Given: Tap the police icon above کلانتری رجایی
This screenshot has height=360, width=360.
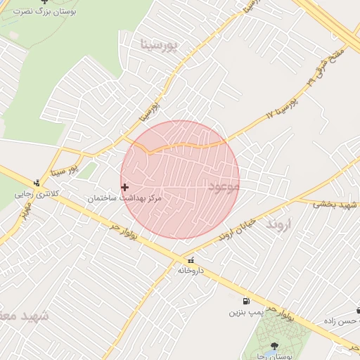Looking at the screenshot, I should (37, 183).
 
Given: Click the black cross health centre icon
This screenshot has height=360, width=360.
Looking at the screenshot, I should (125, 187).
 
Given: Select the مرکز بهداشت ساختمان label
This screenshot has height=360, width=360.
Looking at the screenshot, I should (124, 199).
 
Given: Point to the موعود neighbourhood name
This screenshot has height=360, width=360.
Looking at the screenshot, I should (224, 186).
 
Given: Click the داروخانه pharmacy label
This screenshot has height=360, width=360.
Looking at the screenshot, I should (190, 270).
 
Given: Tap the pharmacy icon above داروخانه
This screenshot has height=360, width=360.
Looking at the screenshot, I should (191, 260).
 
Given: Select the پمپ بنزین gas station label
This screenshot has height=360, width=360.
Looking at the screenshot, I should (245, 311).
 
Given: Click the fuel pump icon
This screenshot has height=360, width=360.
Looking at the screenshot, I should (245, 301).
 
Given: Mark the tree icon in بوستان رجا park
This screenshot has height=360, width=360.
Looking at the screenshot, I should (274, 346).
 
